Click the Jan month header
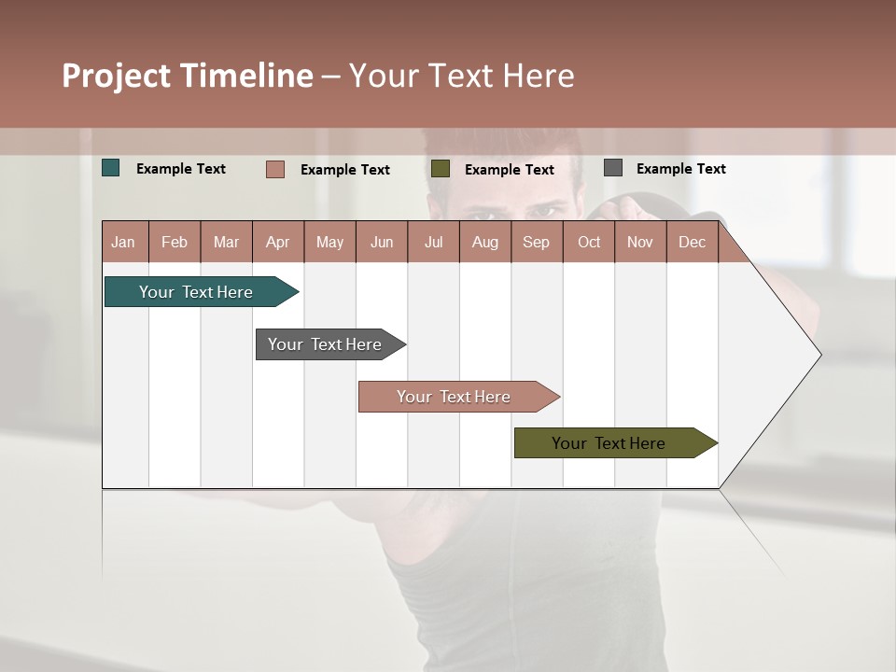tap(124, 242)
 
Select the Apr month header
tap(278, 242)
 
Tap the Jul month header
tap(433, 242)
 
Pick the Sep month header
tap(536, 242)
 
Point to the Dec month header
tap(692, 242)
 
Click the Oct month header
tap(589, 242)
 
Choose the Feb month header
tap(175, 242)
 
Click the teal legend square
tap(111, 168)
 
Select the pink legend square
tap(275, 169)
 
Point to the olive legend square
tap(441, 169)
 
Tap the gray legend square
tap(613, 168)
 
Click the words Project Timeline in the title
tap(188, 76)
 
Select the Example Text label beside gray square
tap(680, 169)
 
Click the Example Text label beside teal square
tap(181, 169)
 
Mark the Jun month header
tap(382, 242)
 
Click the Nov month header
tap(640, 242)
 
